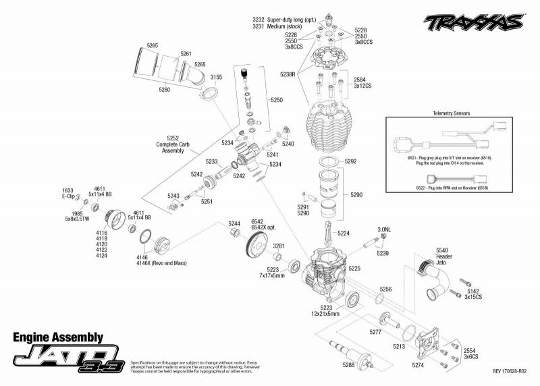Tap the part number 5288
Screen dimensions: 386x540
point(349,366)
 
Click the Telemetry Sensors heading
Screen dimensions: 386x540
point(453,114)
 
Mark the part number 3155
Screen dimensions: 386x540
point(216,78)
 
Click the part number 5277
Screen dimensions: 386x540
point(375,331)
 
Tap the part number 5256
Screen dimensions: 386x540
point(385,289)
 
